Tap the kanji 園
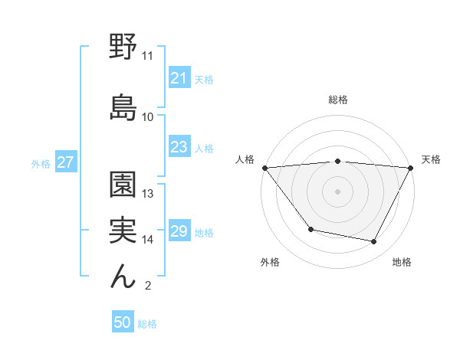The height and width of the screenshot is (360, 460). click(x=123, y=184)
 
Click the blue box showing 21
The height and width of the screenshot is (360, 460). click(x=179, y=78)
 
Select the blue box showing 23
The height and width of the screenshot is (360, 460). click(x=179, y=147)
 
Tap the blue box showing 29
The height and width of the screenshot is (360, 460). click(x=179, y=232)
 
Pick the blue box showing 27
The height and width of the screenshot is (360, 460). click(x=65, y=162)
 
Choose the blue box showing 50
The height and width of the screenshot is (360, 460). click(x=122, y=323)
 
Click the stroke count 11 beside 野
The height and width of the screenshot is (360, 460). click(x=147, y=56)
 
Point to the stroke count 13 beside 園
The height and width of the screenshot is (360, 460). click(x=148, y=194)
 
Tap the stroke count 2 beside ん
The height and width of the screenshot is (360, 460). click(x=147, y=286)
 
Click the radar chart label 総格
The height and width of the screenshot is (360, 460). click(x=337, y=100)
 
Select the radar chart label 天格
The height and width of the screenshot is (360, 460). click(x=431, y=159)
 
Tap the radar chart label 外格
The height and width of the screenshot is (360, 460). click(x=270, y=263)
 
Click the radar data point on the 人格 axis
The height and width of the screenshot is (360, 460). click(x=264, y=168)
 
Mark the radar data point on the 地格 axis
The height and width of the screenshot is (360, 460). click(x=374, y=242)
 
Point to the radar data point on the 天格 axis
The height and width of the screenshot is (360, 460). click(x=411, y=168)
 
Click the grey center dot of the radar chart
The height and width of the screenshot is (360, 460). click(x=337, y=191)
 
